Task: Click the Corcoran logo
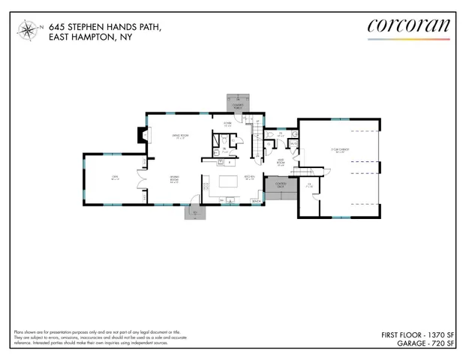coord(409,27)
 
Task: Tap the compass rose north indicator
coord(27,31)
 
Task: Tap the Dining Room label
coord(173,180)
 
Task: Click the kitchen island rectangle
coord(227,182)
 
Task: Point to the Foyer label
coord(227,125)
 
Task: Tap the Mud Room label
coord(280,160)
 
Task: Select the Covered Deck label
coord(281,184)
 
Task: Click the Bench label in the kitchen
coord(257,201)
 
